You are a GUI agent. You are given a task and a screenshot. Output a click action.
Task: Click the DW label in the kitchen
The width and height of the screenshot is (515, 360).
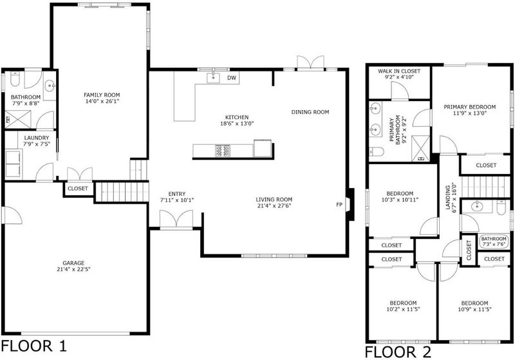point(232,78)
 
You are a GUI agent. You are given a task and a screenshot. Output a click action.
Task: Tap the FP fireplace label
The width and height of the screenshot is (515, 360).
point(339,205)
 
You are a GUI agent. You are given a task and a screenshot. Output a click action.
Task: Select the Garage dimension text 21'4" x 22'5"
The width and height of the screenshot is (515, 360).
point(73,269)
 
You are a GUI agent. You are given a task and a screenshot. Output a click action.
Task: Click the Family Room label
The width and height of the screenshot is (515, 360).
point(102,95)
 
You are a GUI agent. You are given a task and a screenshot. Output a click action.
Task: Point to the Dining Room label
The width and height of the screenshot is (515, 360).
point(310,112)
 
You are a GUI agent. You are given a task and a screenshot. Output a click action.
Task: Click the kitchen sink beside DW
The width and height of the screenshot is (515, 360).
point(213,78)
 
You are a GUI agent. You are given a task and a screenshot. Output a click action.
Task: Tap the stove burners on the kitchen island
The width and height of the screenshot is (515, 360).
point(223,151)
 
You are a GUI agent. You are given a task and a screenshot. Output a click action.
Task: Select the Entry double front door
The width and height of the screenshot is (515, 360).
point(176,219)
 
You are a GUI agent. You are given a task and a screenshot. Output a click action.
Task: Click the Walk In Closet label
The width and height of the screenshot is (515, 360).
point(399,71)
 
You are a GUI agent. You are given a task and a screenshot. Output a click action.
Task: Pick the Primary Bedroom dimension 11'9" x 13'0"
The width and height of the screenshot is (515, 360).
point(470,113)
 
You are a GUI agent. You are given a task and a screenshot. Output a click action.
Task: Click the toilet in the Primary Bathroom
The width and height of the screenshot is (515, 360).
point(377,152)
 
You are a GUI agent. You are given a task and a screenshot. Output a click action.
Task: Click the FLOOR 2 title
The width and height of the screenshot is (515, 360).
point(398,352)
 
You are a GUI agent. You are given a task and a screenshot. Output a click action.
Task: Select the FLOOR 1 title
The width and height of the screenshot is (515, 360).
point(34,346)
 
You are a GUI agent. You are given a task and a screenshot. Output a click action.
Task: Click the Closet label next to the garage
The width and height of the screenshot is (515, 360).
point(78,189)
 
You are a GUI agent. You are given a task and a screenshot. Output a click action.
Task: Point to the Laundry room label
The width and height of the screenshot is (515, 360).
point(37,138)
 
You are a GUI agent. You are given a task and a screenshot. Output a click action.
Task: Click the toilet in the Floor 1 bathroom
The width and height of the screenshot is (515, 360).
point(15,79)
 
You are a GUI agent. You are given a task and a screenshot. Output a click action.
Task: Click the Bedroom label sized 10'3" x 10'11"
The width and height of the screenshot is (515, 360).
point(400,193)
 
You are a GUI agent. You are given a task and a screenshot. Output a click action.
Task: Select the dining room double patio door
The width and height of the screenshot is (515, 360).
point(310,62)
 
